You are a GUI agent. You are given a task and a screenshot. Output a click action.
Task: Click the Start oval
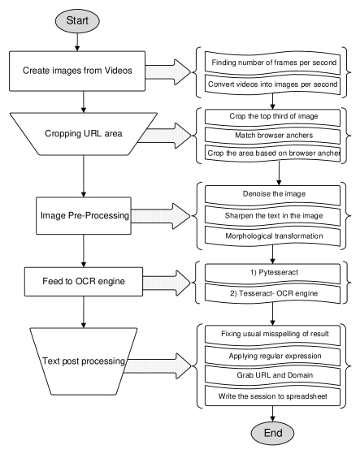[77, 21]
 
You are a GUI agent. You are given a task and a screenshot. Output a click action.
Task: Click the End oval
[272, 433]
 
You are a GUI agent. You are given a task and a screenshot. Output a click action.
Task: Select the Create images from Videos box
[77, 71]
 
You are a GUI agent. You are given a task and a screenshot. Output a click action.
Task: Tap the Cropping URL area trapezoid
[84, 134]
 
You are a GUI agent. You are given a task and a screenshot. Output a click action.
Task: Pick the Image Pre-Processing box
[84, 216]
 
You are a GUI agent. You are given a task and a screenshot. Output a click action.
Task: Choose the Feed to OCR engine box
[84, 282]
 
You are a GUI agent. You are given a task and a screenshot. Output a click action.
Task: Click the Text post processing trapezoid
[84, 361]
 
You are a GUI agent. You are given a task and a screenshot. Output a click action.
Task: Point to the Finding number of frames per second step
[272, 63]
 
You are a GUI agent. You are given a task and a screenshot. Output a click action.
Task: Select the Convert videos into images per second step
[272, 84]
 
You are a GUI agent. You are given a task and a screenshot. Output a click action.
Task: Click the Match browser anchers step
[272, 135]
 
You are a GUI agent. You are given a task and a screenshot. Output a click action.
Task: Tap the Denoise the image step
[272, 194]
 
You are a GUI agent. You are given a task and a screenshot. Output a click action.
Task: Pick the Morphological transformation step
[272, 236]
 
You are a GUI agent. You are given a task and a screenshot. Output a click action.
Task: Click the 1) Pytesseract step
[272, 273]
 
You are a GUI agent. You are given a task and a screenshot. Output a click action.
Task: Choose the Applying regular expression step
[272, 356]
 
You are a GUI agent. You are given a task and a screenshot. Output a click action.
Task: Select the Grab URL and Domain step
[272, 375]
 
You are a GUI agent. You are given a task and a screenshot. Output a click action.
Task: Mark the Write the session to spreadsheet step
[272, 396]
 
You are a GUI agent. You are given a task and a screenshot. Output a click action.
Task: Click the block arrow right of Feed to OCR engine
[167, 283]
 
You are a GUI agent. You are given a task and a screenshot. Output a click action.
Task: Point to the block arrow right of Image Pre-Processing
[161, 216]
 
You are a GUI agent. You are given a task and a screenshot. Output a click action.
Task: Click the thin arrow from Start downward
[77, 42]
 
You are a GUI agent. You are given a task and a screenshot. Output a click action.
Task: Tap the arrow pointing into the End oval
[272, 413]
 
